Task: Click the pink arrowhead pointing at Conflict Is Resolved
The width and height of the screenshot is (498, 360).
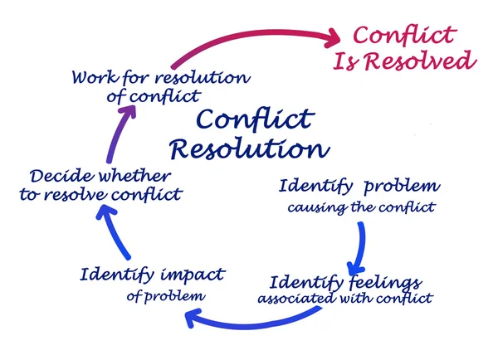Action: click(334, 36)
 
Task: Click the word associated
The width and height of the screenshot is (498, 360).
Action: click(294, 298)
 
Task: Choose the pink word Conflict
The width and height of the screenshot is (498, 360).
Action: click(403, 35)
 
